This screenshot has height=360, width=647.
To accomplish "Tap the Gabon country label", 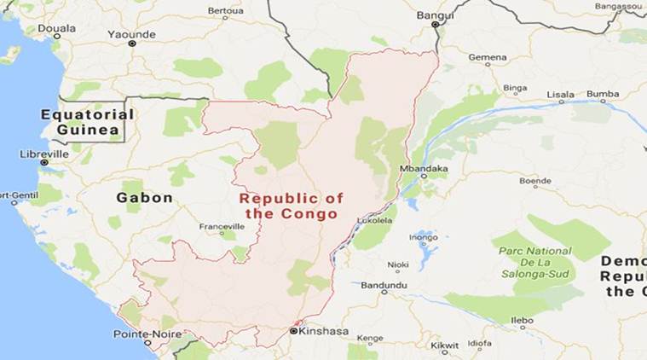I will [x=144, y=197].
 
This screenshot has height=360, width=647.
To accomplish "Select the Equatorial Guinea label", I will [x=86, y=121].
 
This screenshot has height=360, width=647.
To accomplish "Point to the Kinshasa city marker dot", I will [x=293, y=330].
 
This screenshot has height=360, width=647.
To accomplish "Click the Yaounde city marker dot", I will [x=131, y=43].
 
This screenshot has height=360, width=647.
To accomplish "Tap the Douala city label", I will [x=56, y=28].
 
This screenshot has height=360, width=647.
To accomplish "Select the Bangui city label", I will [x=436, y=15].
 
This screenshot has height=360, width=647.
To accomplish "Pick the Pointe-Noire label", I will [x=147, y=334].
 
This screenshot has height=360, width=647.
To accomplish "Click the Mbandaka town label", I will [x=423, y=169].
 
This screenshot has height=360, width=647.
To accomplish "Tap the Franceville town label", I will [x=221, y=226].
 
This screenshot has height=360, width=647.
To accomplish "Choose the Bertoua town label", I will [x=225, y=12].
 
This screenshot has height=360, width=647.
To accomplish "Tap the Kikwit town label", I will [x=444, y=345].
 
